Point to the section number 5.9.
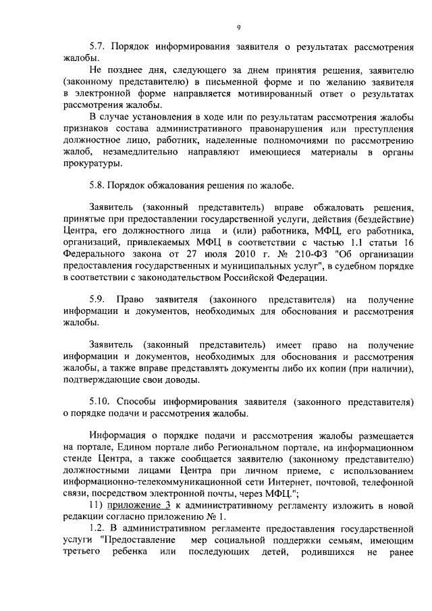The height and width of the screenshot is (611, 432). tap(98, 298)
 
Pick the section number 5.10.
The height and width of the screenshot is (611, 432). tap(101, 401)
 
